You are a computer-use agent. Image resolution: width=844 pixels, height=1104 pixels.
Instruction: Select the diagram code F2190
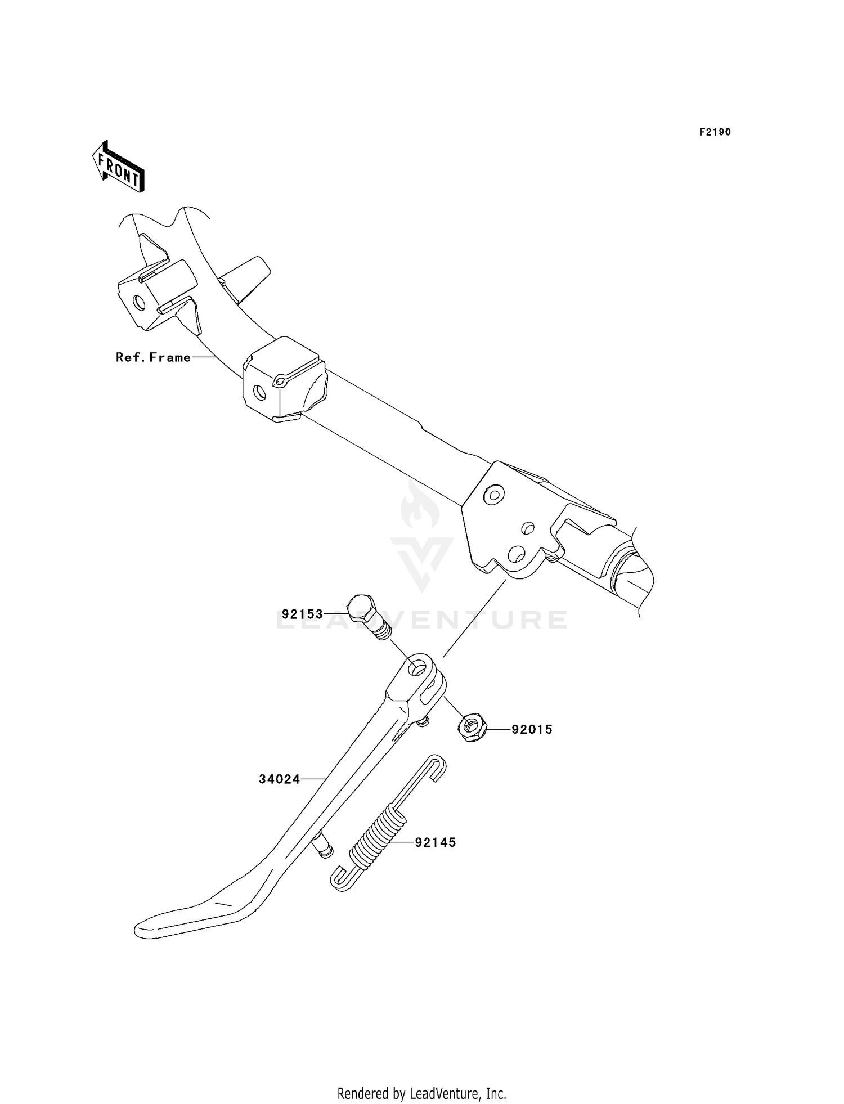point(715,132)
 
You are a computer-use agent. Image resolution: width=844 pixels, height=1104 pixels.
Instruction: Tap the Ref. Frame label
point(153,357)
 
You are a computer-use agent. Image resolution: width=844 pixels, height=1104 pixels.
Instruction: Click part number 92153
point(302,614)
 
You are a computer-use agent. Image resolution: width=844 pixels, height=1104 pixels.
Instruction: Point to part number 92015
point(532,730)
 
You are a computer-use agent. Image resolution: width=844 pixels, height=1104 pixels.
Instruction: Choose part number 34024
point(279,779)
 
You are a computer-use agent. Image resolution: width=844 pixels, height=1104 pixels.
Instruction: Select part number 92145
point(436,842)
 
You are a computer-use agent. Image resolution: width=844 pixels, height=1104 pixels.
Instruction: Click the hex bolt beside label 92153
point(365,615)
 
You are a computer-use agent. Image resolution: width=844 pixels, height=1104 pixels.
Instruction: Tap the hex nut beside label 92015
point(473,726)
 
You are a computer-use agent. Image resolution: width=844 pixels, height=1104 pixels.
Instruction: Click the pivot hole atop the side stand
point(417,669)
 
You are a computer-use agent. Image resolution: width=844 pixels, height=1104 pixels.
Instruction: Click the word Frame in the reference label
point(170,357)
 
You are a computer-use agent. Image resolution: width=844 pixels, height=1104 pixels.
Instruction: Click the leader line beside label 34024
point(313,779)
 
